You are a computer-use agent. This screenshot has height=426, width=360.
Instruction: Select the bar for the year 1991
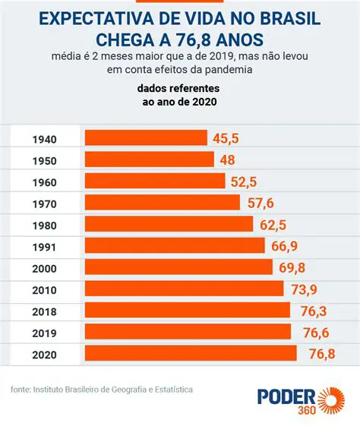[175, 246]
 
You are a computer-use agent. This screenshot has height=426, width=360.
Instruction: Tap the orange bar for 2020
[191, 354]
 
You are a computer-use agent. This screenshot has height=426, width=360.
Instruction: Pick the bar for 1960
[155, 181]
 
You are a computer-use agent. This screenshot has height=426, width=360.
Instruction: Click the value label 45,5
[226, 138]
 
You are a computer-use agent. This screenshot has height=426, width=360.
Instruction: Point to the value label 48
[227, 159]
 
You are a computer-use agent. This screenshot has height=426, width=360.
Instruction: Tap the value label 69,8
[290, 267]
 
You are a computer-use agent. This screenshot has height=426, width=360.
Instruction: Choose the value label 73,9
[302, 289]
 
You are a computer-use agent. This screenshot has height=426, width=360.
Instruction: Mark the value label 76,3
[308, 311]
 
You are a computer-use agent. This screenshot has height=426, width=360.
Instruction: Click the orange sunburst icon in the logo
[332, 400]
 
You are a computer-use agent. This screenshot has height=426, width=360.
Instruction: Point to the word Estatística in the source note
[171, 390]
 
